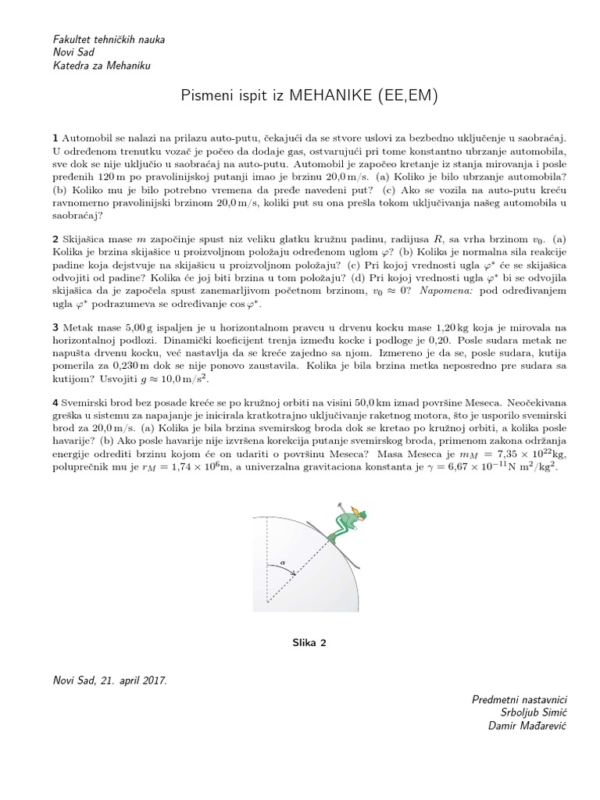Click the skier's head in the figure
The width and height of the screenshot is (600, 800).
pyautogui.click(x=358, y=512)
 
